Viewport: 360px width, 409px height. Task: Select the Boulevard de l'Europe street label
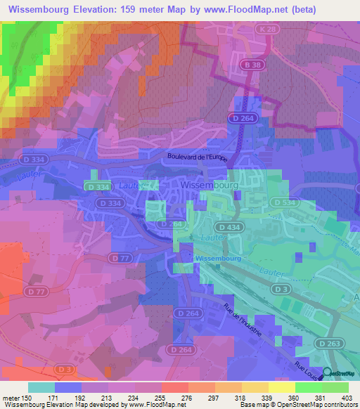[197, 158]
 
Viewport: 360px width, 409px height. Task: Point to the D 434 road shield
[227, 228]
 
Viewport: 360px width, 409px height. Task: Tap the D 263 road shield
[323, 342]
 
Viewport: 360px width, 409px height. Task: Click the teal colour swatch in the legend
[41, 387]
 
